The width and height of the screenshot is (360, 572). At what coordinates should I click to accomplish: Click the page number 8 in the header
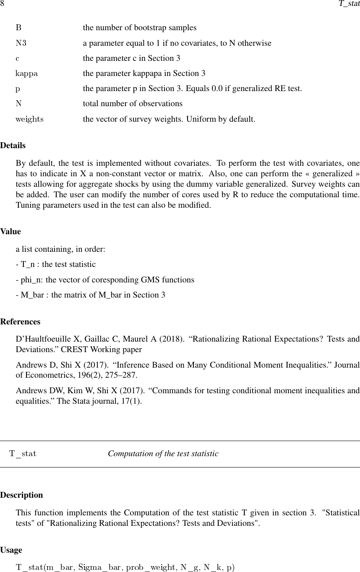[x=2, y=4]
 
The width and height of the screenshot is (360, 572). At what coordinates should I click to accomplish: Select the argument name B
[x=18, y=28]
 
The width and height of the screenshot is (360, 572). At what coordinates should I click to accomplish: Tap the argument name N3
[x=21, y=43]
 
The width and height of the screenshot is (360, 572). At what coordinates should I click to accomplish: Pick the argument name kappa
[x=27, y=74]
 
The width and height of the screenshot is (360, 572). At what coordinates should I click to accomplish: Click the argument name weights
[x=29, y=119]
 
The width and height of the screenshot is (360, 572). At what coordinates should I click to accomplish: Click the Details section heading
[x=13, y=146]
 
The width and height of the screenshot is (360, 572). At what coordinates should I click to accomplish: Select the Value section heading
[x=10, y=232]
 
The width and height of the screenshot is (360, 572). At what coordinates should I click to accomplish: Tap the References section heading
[x=20, y=322]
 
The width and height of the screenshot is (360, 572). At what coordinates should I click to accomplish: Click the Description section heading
[x=21, y=495]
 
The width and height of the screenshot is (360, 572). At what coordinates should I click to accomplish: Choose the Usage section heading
[x=11, y=550]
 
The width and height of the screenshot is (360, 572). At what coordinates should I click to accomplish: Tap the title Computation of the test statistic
[x=163, y=454]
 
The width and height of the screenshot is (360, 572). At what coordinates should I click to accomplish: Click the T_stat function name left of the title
[x=23, y=454]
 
